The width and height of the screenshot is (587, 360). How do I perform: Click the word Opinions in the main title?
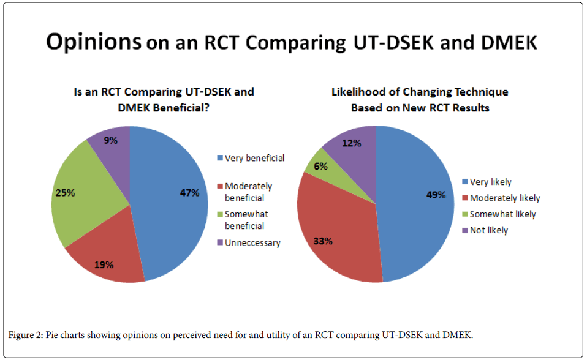pos(94,42)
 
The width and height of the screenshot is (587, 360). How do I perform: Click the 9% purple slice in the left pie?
pos(113,144)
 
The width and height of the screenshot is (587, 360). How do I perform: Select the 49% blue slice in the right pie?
pos(417,202)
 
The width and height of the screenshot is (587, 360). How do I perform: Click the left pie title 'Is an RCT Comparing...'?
pos(163,99)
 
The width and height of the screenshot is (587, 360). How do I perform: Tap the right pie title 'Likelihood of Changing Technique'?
pos(420,99)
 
